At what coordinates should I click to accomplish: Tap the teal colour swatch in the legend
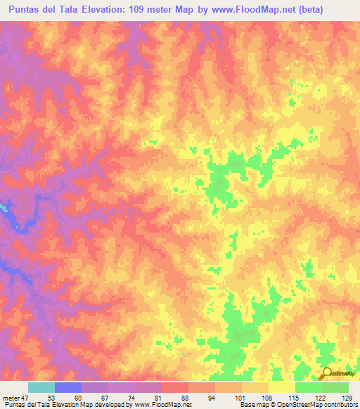click(41, 387)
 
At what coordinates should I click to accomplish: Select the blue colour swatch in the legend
click(68, 387)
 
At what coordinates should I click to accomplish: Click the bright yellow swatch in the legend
click(281, 387)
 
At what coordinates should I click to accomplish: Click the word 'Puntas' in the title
click(27, 11)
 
